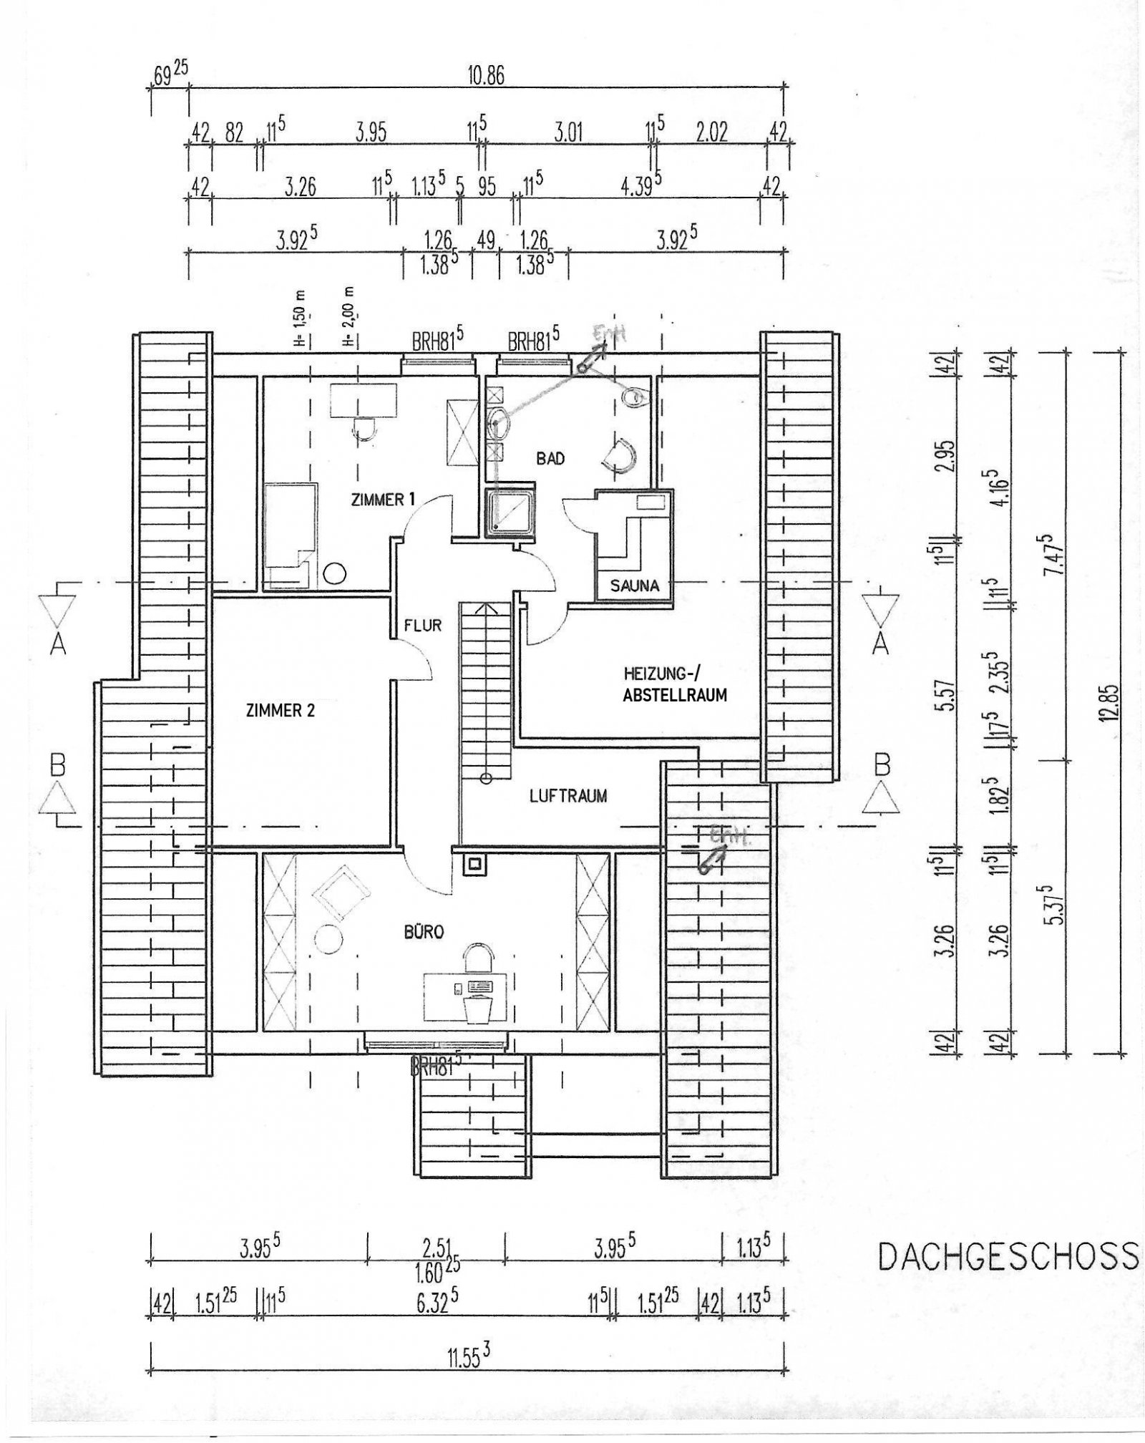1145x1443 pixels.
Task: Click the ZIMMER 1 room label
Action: tap(383, 500)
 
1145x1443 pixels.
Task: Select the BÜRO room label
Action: tap(424, 932)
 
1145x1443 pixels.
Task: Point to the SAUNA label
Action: tap(635, 586)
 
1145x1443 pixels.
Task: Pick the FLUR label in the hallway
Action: tap(423, 625)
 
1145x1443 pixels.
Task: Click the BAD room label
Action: tap(550, 458)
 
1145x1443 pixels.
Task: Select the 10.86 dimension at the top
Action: tap(486, 77)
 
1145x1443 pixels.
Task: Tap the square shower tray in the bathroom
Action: tap(510, 513)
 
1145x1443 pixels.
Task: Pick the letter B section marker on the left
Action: tap(58, 766)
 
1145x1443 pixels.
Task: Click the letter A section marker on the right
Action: tap(882, 644)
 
